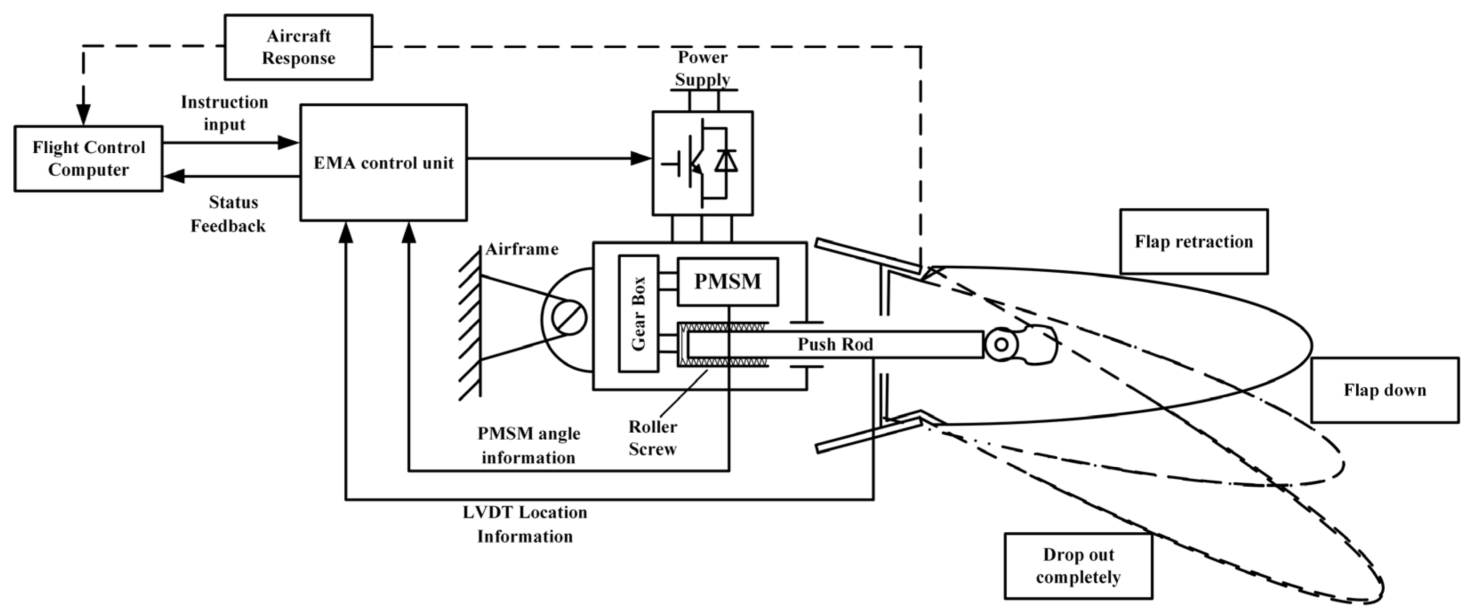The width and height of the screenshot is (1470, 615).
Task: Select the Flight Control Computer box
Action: (88, 159)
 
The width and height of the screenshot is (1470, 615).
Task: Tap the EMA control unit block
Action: (383, 163)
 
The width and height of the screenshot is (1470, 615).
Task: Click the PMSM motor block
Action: (727, 282)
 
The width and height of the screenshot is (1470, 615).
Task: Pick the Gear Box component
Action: (639, 313)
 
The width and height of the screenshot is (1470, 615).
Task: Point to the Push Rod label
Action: (835, 344)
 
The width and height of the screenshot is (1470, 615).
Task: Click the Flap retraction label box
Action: (1194, 242)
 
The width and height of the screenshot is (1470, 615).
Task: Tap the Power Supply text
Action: (703, 69)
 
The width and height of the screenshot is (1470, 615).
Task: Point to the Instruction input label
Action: (224, 113)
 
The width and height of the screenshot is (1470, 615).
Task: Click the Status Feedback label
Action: (228, 214)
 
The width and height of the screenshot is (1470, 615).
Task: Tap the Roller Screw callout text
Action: (652, 438)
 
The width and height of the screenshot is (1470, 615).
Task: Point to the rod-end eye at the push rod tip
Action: (1001, 344)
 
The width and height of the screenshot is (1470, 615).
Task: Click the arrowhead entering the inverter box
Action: (642, 158)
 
